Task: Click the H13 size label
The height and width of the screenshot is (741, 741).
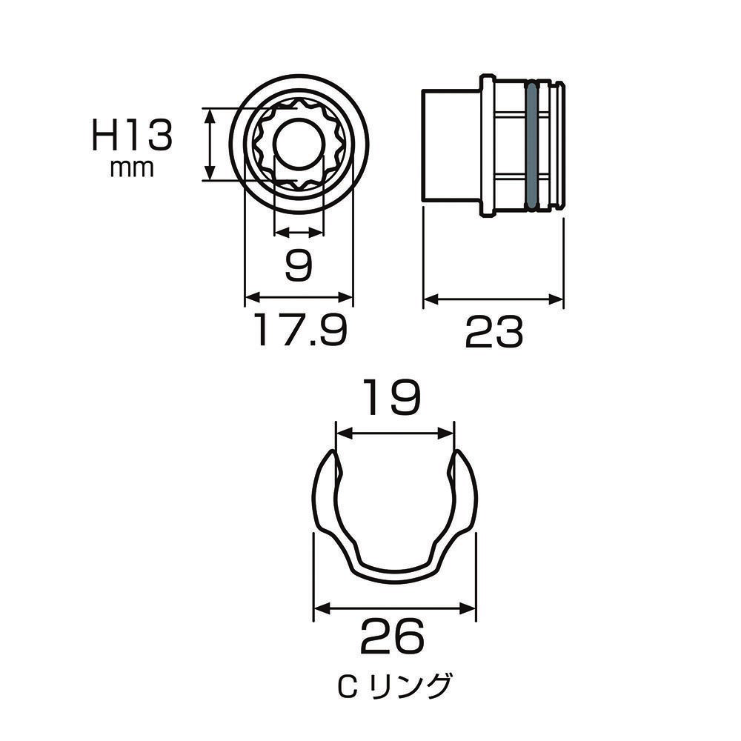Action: pos(132,135)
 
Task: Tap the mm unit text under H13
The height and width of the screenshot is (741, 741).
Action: pos(132,169)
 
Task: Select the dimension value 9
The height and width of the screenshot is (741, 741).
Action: pos(299,265)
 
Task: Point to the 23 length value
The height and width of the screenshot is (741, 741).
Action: pos(494,332)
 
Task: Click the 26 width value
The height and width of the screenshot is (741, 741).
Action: pos(393,637)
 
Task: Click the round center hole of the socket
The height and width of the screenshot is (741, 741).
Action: pos(299,144)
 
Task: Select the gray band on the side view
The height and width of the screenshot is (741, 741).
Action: pos(531,145)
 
